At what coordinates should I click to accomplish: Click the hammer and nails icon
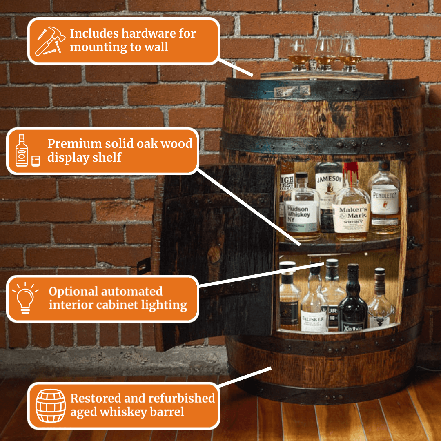(50, 40)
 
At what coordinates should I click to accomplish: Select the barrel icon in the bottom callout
(50, 405)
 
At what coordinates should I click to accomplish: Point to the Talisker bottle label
(314, 321)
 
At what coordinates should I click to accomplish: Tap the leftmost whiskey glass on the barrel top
(300, 53)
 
